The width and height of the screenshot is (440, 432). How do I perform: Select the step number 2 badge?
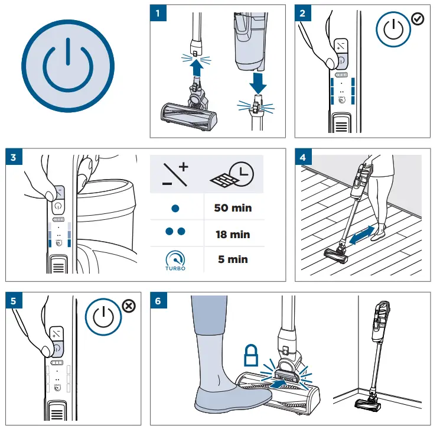pos(302,13)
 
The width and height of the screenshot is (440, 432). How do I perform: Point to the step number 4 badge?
pos(302,157)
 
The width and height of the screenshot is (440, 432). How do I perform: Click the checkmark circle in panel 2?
pos(418,19)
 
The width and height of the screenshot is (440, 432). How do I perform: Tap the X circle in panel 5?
pos(128,306)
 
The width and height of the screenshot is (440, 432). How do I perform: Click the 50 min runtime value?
pos(233,208)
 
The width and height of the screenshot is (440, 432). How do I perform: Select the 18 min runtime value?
pos(233,234)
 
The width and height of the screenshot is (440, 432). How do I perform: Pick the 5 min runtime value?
pos(233,259)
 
